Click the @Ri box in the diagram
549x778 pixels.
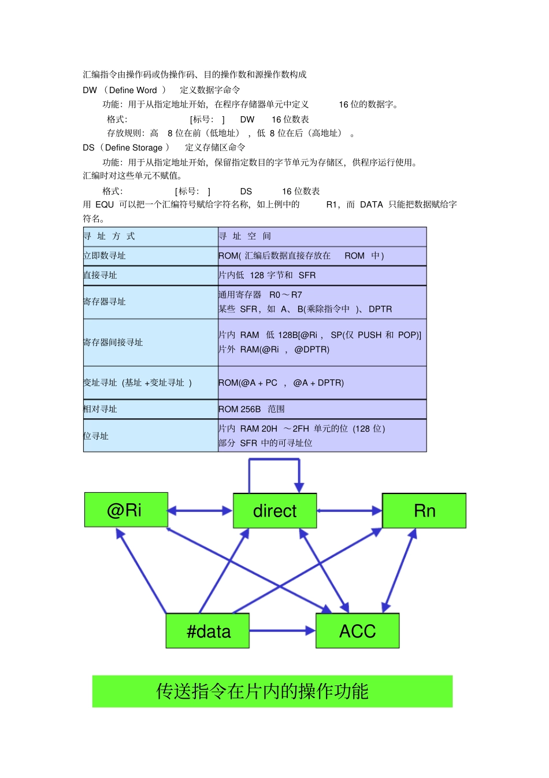click(x=126, y=510)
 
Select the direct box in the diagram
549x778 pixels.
click(x=274, y=511)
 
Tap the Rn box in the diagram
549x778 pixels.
click(x=424, y=511)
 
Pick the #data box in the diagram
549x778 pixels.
click(x=208, y=631)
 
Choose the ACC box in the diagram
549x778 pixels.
click(x=357, y=631)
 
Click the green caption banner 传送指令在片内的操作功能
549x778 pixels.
click(x=272, y=691)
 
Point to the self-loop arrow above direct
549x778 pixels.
click(x=274, y=460)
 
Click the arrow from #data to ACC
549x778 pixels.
click(x=282, y=630)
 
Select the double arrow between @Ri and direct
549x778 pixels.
click(x=200, y=511)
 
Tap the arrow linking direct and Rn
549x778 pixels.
click(x=349, y=511)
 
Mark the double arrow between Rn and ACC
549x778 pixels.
click(x=399, y=570)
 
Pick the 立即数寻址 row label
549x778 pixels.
click(x=105, y=256)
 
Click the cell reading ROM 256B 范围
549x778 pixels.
click(x=252, y=409)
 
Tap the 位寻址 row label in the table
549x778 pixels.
click(x=96, y=436)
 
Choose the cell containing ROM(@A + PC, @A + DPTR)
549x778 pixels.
click(x=281, y=382)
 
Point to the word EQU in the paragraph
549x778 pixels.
click(x=105, y=204)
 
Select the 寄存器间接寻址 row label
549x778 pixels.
click(x=113, y=342)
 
